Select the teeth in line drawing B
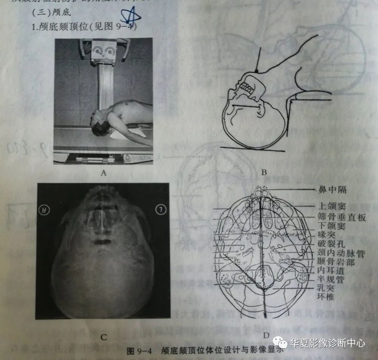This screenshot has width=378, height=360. [248, 89]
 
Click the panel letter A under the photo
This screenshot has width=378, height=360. [104, 173]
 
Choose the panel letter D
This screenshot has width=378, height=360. [266, 335]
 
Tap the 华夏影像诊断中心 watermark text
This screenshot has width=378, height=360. [328, 343]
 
